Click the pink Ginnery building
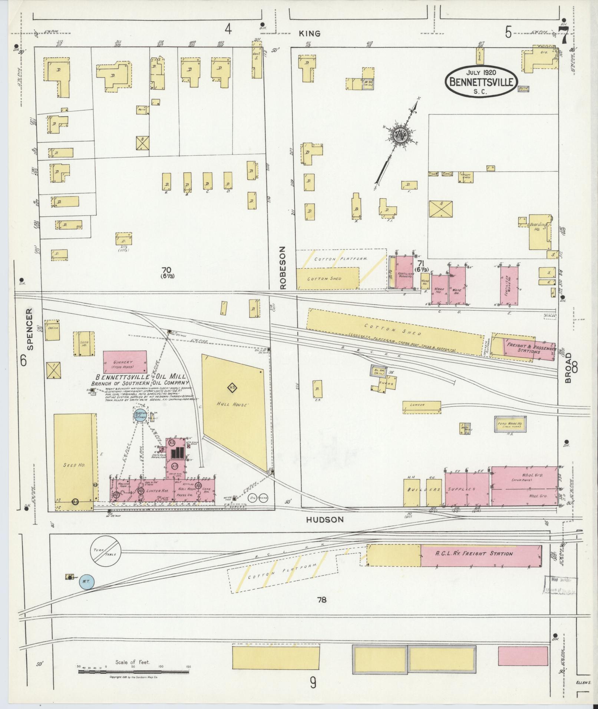tap(125, 362)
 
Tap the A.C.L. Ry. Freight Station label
tap(474, 554)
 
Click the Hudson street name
tap(325, 520)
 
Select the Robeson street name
tap(284, 267)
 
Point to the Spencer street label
tap(30, 329)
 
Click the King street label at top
tap(310, 34)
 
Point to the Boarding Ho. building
tap(539, 232)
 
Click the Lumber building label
tap(421, 405)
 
